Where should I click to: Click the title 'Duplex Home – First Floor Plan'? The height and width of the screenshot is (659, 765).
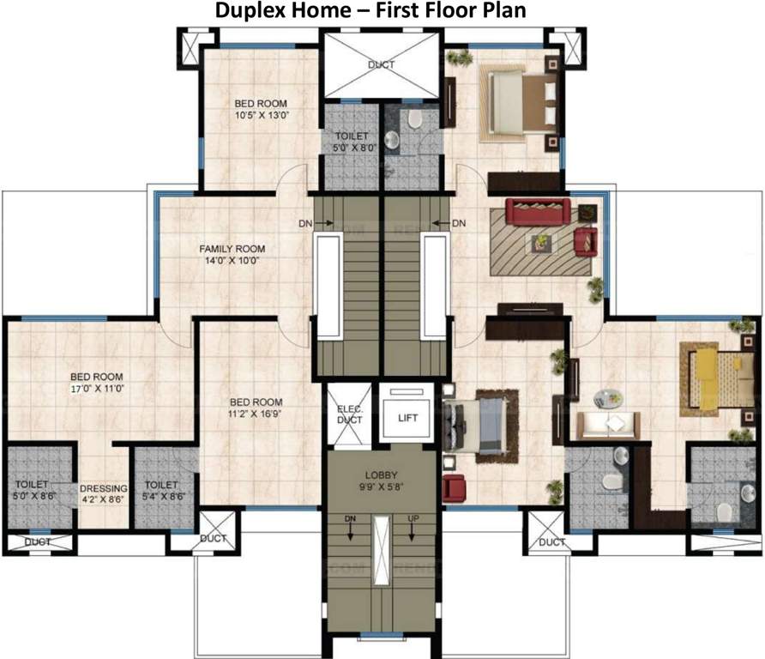click(x=382, y=11)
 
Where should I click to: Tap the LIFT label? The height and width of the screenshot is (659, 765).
click(x=407, y=418)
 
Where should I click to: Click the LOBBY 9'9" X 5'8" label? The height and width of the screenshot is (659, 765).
click(x=380, y=480)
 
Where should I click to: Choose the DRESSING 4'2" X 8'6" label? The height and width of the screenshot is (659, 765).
click(x=105, y=495)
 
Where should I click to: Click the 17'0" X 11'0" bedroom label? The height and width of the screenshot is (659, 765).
click(x=96, y=382)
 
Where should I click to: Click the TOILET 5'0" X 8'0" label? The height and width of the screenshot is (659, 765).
click(x=352, y=142)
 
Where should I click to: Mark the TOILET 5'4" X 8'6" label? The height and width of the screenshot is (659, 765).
click(x=160, y=490)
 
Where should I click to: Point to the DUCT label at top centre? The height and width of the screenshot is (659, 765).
click(x=381, y=64)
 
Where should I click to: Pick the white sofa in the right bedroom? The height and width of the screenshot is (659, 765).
click(x=607, y=425)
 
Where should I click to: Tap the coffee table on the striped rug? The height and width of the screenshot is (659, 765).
click(x=541, y=242)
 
